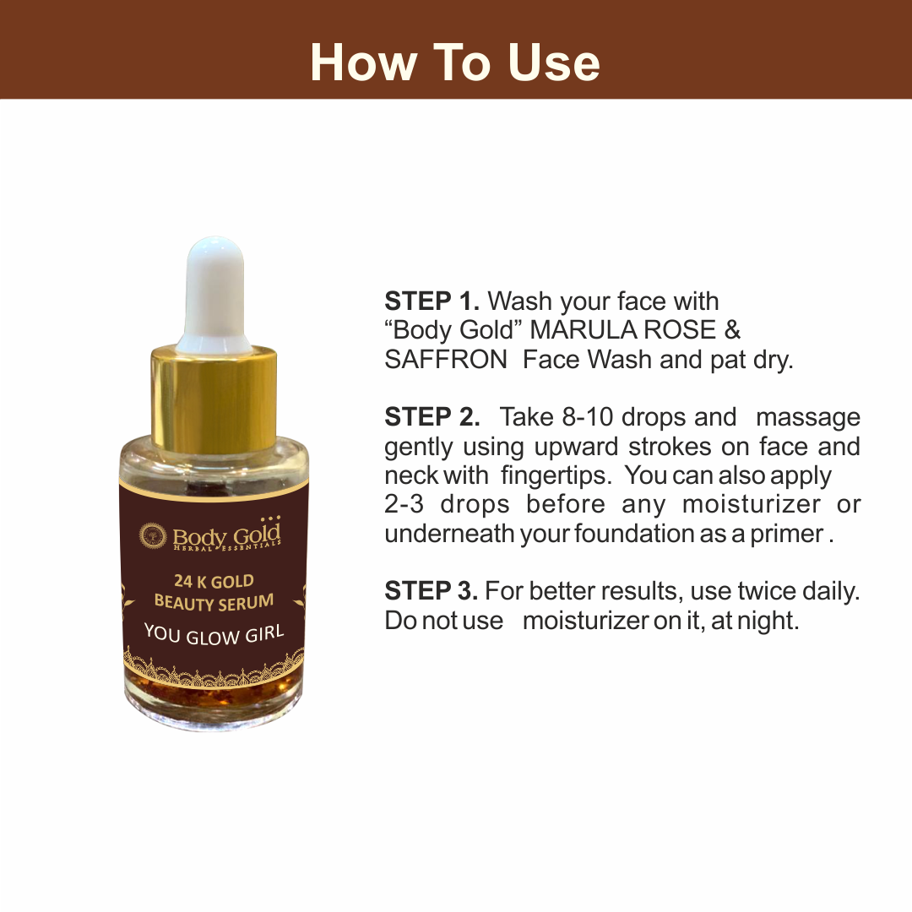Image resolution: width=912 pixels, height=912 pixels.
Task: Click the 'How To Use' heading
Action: click(455, 62)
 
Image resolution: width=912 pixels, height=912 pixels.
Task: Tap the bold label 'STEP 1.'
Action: click(432, 301)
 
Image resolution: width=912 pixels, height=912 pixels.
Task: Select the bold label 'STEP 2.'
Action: click(432, 417)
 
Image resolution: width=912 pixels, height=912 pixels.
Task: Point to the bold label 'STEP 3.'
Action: click(431, 591)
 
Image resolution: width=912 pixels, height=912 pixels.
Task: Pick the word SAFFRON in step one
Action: click(446, 360)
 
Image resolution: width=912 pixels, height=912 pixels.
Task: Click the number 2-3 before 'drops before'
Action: click(404, 504)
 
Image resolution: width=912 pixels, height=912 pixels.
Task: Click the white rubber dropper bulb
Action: click(214, 294)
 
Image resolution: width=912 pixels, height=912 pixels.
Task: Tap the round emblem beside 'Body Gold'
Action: click(153, 535)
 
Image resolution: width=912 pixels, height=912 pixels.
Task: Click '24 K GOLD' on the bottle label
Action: click(214, 581)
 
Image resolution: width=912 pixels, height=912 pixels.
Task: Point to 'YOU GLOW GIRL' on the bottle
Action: click(214, 634)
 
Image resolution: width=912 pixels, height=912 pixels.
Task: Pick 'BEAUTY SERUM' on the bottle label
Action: click(214, 602)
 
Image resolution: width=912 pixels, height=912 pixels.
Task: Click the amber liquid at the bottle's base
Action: click(214, 692)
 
